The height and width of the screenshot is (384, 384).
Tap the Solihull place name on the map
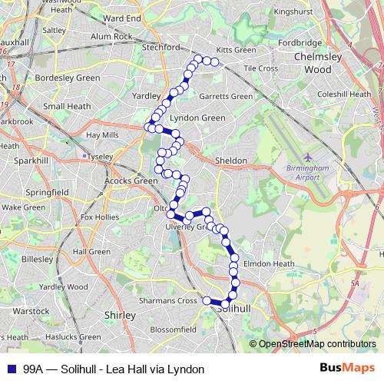coord(235,307)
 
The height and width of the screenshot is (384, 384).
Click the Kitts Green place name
coord(236,50)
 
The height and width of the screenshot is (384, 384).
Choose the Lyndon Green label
coord(197,118)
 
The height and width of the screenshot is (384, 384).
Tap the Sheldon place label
coord(231,161)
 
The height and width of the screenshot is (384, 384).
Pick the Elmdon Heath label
coord(269,263)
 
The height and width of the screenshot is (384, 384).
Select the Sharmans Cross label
coord(167,301)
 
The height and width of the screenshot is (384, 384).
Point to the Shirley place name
coord(119,315)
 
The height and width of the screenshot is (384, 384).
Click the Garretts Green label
coord(226,97)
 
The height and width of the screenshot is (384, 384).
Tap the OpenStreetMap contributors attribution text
coord(317,345)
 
